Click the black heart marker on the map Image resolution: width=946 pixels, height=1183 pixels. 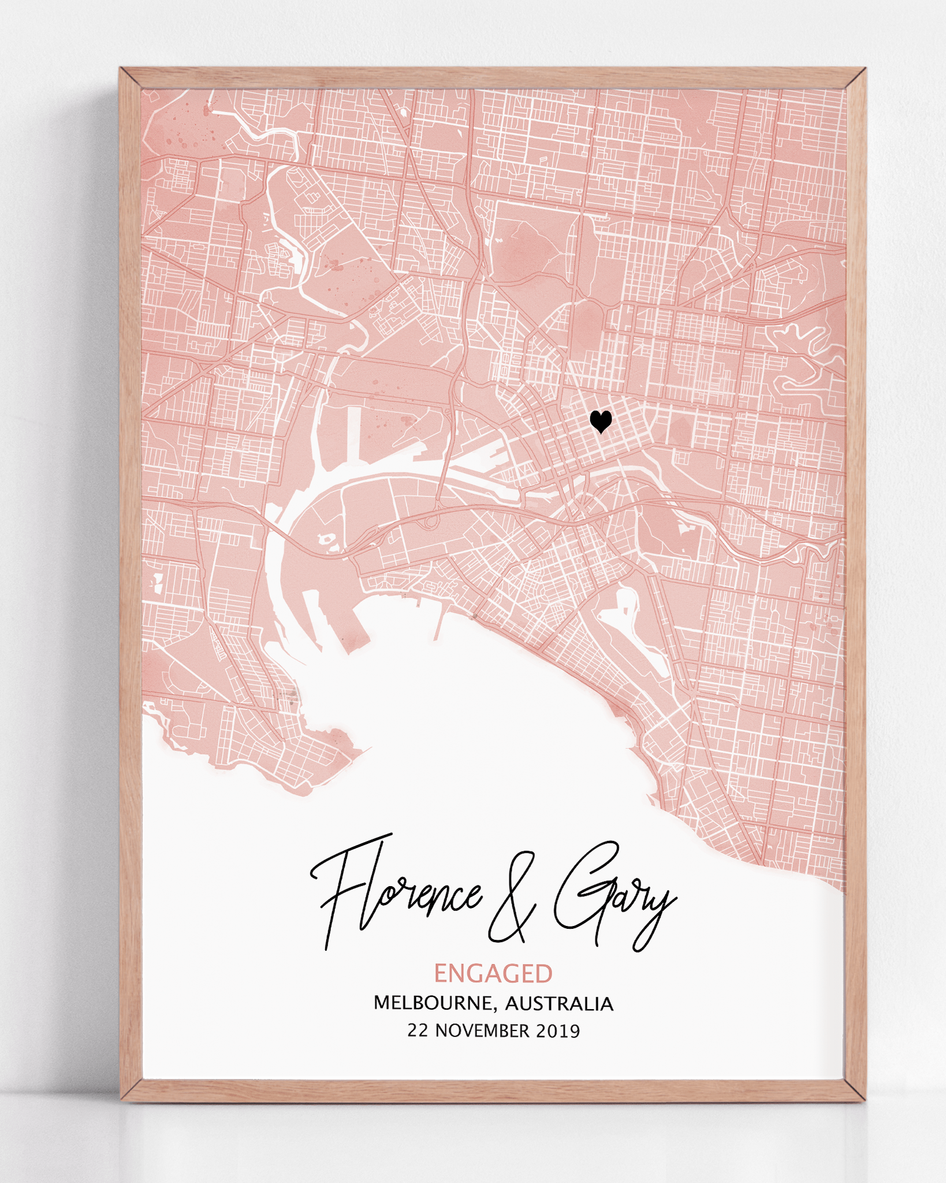coord(601,421)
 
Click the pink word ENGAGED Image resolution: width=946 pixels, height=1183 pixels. coord(493,974)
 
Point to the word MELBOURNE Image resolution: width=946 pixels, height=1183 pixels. coord(434,1003)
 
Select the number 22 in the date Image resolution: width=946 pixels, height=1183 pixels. coord(418,1031)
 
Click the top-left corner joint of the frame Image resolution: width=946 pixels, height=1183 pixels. coord(131,78)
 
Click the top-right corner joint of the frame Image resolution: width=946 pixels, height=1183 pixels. coord(855,78)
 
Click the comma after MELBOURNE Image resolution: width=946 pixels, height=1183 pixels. coord(495,1009)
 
